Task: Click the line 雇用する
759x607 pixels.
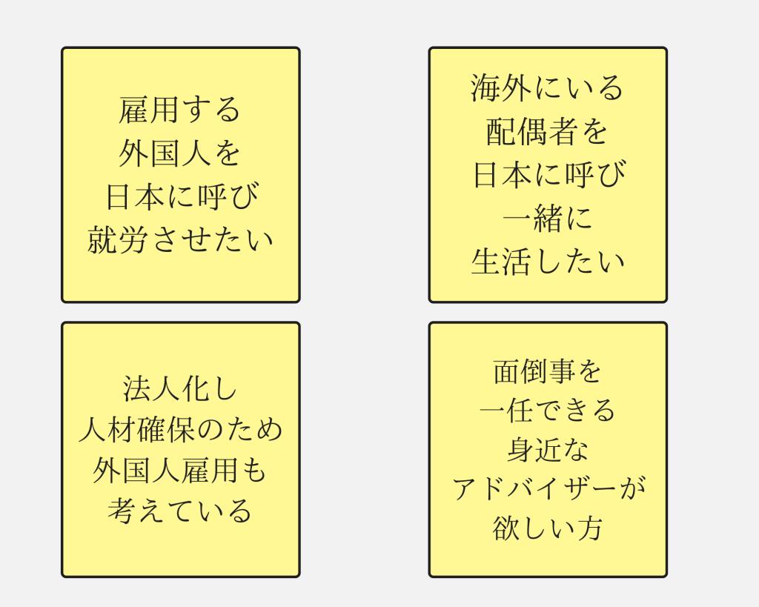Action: [180, 110]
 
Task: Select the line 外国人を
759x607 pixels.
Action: [180, 153]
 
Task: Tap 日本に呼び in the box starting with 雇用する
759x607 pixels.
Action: [180, 196]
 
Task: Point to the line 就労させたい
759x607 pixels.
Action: [180, 240]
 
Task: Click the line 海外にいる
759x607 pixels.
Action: [548, 88]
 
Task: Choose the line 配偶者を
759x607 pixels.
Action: [548, 132]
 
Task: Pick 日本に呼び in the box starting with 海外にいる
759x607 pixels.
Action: [548, 175]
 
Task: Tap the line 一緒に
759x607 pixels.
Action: [548, 219]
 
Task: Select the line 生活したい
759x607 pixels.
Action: [548, 262]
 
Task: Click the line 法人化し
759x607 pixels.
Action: [180, 388]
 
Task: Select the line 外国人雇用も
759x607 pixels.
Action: [180, 471]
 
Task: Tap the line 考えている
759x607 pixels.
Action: [180, 511]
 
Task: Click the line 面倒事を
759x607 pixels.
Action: [548, 371]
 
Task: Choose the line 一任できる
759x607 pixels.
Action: [548, 410]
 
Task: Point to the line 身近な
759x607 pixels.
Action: [548, 449]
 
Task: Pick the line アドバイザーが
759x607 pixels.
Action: [548, 488]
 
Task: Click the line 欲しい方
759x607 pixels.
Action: [548, 528]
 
